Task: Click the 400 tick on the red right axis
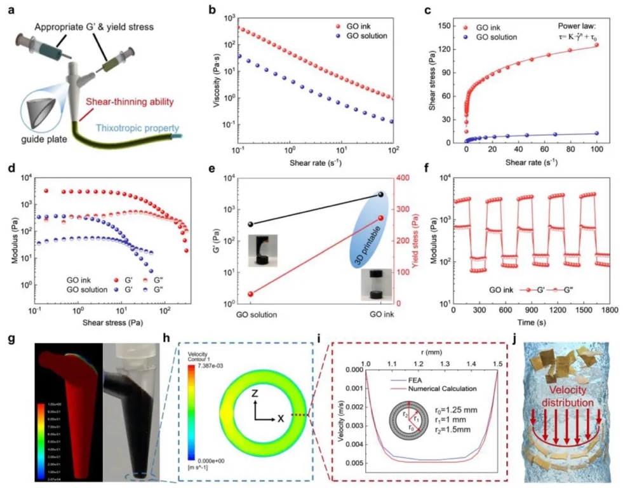coord(402,177)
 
